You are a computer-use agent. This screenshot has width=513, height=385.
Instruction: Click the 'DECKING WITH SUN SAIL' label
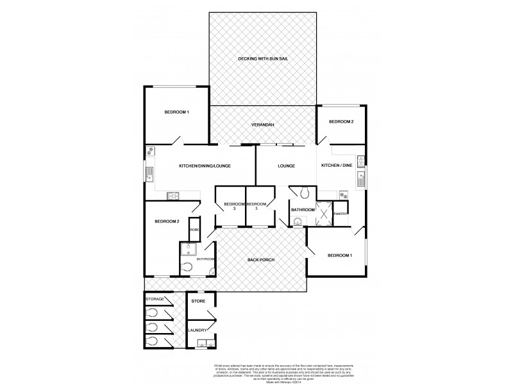[x=263, y=59]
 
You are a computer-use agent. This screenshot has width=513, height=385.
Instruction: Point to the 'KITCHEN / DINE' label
[x=335, y=166]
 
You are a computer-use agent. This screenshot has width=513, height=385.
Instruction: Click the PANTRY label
[x=340, y=214]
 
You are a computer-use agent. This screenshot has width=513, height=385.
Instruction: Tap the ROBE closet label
[x=194, y=230]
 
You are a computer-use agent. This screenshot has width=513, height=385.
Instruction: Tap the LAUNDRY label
[x=197, y=330]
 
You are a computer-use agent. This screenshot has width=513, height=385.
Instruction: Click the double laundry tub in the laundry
[x=205, y=344]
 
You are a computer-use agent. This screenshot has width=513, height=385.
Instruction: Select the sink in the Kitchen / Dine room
[x=361, y=178]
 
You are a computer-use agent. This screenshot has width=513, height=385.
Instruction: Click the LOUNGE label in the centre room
[x=286, y=166]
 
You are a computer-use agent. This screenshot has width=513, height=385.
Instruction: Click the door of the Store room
[x=212, y=314]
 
